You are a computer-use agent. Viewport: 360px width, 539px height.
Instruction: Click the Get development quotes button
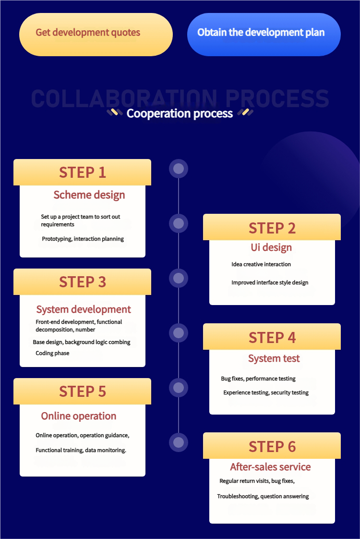(96, 34)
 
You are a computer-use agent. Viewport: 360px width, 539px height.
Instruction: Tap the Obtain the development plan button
(264, 34)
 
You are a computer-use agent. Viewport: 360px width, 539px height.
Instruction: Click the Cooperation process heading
(180, 113)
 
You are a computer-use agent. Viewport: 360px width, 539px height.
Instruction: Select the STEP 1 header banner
(82, 172)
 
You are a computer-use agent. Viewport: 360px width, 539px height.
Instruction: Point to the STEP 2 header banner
(272, 227)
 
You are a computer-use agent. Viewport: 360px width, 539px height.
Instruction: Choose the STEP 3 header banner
(82, 282)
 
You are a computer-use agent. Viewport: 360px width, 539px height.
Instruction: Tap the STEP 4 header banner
(272, 337)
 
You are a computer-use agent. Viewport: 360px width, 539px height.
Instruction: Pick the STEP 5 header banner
(82, 392)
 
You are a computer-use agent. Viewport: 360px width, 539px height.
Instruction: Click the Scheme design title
(89, 195)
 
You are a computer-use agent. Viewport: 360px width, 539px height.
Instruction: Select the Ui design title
(271, 247)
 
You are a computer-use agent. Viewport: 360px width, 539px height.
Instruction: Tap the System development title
(84, 309)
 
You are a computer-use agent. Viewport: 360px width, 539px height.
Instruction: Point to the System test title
(274, 358)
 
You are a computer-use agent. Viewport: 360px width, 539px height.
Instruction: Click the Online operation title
(79, 416)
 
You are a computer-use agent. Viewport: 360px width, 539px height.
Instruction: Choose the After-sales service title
(270, 467)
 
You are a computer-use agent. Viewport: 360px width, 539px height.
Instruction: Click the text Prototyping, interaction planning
(83, 239)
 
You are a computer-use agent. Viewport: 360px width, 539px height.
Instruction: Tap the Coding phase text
(52, 353)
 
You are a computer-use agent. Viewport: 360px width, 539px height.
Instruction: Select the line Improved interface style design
(270, 282)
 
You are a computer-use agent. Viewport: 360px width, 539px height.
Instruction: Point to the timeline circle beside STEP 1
(179, 169)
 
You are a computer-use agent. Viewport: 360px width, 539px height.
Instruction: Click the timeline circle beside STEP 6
(179, 442)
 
